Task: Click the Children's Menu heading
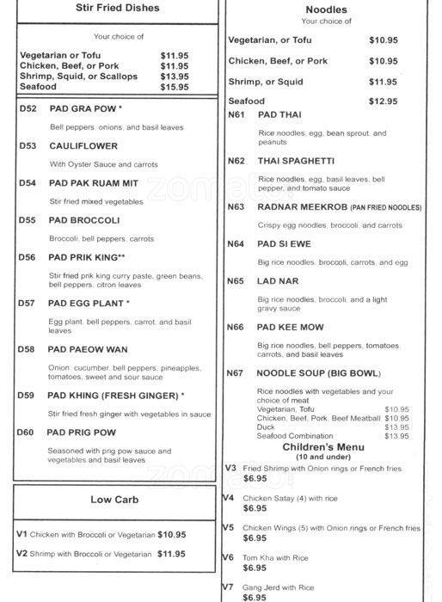[322, 447]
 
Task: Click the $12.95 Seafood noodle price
[383, 101]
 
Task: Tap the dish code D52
[28, 109]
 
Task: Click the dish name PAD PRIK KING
[87, 256]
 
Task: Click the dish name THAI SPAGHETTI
[296, 161]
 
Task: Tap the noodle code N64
[236, 244]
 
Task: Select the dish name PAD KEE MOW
[292, 327]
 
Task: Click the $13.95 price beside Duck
[396, 427]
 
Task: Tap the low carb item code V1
[21, 534]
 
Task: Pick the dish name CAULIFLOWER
[83, 146]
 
